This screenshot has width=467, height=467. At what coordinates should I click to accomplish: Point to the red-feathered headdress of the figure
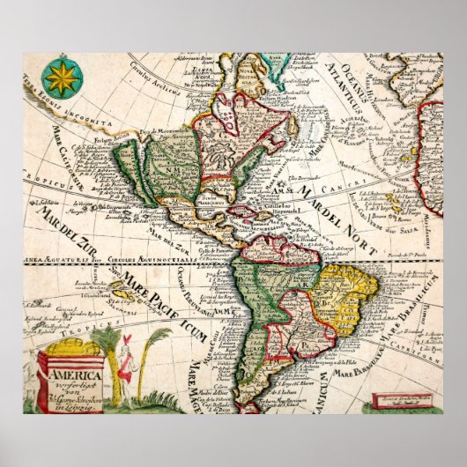point(126,340)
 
